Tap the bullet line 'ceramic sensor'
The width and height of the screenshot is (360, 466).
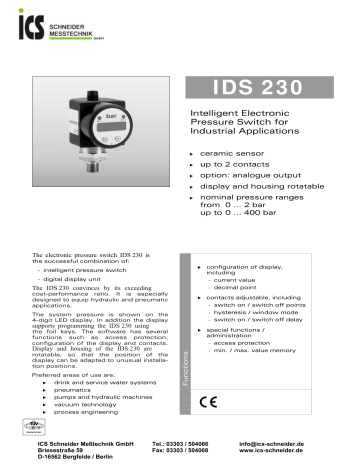point(235,155)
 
